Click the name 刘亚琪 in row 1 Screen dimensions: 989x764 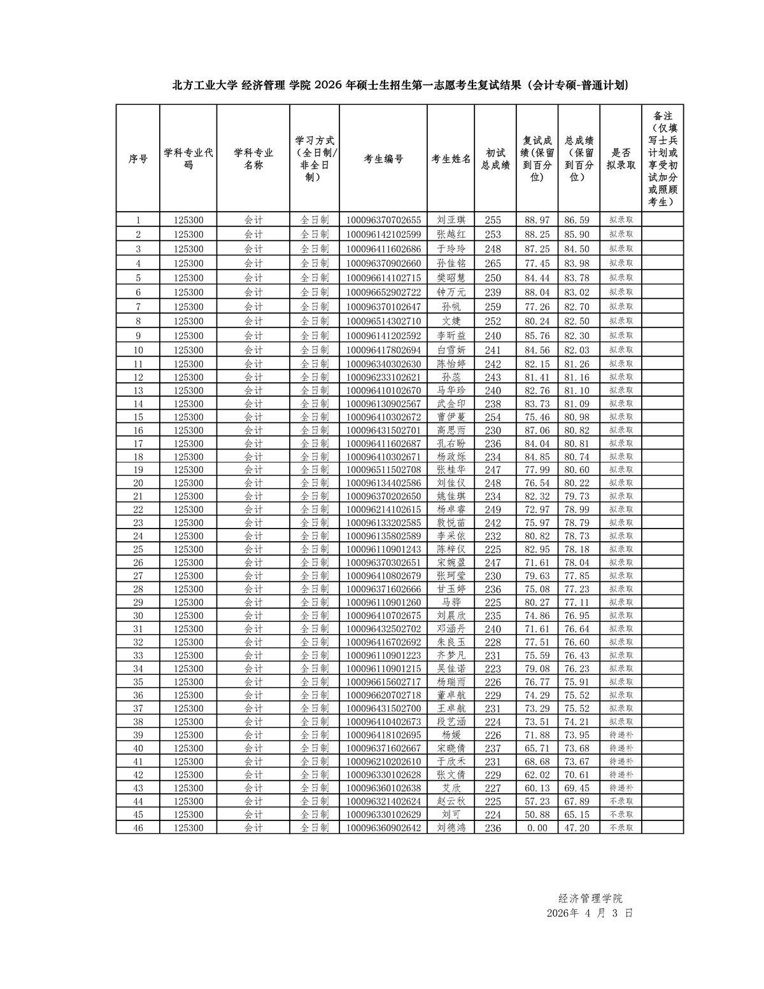[x=451, y=220]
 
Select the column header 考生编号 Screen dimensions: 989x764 [x=383, y=159]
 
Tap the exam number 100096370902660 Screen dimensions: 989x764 [x=383, y=263]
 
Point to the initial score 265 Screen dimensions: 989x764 [x=493, y=263]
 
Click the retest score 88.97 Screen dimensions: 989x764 [x=537, y=220]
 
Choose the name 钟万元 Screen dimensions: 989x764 [x=451, y=293]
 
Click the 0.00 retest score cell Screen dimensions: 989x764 [x=537, y=828]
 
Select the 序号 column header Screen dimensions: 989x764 [x=138, y=159]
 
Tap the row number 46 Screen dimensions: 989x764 [x=138, y=828]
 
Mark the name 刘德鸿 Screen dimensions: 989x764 [x=451, y=828]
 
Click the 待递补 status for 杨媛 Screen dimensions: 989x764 [x=621, y=735]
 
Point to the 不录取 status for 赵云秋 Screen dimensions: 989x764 [x=621, y=801]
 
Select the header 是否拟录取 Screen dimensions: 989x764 [x=621, y=159]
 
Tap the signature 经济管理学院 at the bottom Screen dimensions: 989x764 [x=590, y=898]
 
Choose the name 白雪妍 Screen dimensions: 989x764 [x=451, y=350]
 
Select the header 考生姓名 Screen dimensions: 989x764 [x=451, y=159]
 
